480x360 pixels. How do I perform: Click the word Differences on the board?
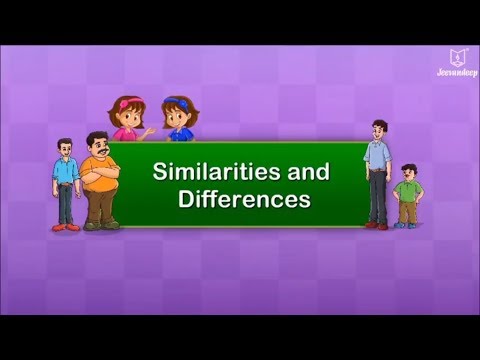click(244, 198)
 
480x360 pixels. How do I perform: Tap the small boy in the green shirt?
click(407, 195)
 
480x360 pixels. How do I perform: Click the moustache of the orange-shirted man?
click(99, 153)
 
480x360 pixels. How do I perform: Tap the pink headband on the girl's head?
click(127, 101)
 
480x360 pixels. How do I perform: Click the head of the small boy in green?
click(407, 172)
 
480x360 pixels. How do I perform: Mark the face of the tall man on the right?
click(378, 130)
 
